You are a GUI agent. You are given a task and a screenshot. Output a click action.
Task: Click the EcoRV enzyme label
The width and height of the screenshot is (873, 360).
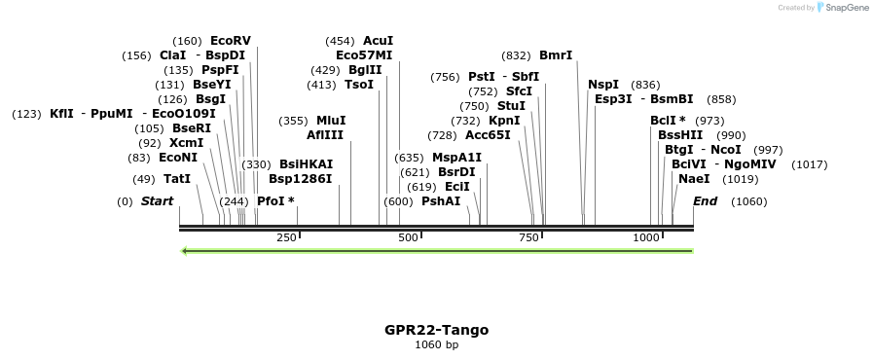230,41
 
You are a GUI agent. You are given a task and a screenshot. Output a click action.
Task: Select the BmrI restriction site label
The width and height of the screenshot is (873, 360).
556,55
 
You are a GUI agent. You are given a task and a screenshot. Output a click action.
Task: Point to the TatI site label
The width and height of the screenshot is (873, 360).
177,179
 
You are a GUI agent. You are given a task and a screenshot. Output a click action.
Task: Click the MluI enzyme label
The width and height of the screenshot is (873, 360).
331,121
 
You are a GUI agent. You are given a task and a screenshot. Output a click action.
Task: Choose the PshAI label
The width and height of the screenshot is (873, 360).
441,201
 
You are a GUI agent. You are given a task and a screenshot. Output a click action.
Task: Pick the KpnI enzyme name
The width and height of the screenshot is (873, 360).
504,121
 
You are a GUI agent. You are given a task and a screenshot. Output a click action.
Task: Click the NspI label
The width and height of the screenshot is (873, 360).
603,85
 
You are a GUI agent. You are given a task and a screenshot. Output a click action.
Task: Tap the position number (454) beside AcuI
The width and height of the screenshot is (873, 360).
340,41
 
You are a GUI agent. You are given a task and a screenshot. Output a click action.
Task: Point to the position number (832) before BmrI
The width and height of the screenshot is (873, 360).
516,55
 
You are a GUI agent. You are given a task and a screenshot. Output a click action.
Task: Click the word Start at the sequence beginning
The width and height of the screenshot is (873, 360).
157,201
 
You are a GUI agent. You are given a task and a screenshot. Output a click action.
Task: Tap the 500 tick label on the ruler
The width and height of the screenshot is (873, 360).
408,237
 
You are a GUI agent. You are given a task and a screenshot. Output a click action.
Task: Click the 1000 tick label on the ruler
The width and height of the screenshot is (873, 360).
647,237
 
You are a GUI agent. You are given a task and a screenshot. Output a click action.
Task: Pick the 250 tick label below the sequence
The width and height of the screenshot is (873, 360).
286,237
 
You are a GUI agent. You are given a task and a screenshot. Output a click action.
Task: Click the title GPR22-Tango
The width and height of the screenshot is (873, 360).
436,330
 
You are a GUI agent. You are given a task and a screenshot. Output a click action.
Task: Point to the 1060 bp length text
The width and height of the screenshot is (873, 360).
436,345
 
